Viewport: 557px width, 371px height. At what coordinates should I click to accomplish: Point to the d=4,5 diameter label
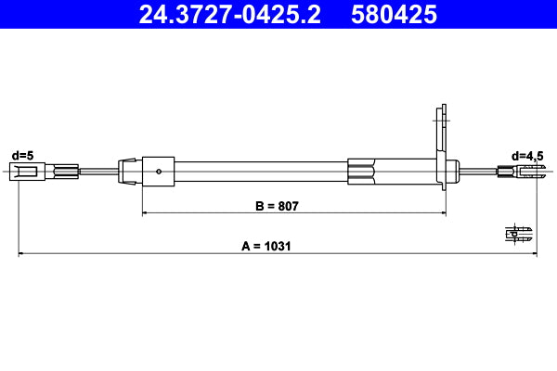coord(527,155)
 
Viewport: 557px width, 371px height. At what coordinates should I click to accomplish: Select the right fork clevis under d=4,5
coord(525,171)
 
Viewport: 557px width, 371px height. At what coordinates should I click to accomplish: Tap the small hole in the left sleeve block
coord(160,171)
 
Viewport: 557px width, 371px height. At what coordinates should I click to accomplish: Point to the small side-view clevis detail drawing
coord(519,233)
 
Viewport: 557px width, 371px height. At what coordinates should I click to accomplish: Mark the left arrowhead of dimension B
coord(145,213)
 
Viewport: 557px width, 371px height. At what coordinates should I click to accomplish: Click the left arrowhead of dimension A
coord(21,253)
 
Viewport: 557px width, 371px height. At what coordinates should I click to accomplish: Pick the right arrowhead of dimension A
coord(534,253)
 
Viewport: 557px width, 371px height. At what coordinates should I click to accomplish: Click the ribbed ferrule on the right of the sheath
coord(362,171)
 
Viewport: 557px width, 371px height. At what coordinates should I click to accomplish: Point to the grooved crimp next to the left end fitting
coord(66,171)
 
